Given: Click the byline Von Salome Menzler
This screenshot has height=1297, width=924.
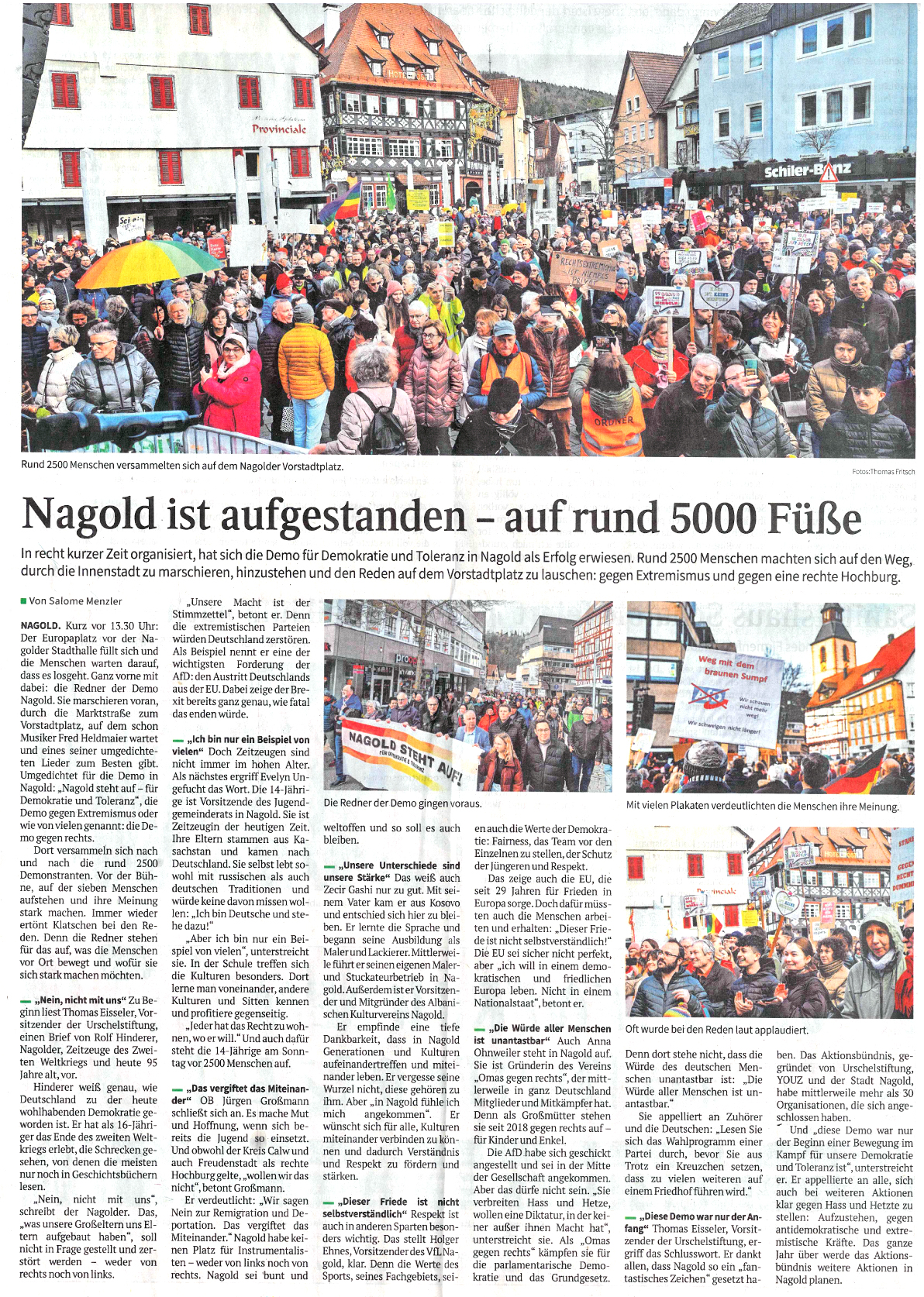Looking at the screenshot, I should coord(74,601).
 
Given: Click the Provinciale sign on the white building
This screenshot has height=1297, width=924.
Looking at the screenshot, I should coord(278,129).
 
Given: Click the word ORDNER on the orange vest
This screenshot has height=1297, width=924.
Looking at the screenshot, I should coord(613,421).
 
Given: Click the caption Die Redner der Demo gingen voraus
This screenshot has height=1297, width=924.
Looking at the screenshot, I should coord(402,803).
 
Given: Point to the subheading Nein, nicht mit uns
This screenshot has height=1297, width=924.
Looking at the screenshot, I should coord(84,1000).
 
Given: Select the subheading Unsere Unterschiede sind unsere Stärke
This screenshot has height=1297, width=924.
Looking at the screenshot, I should coord(391,871).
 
